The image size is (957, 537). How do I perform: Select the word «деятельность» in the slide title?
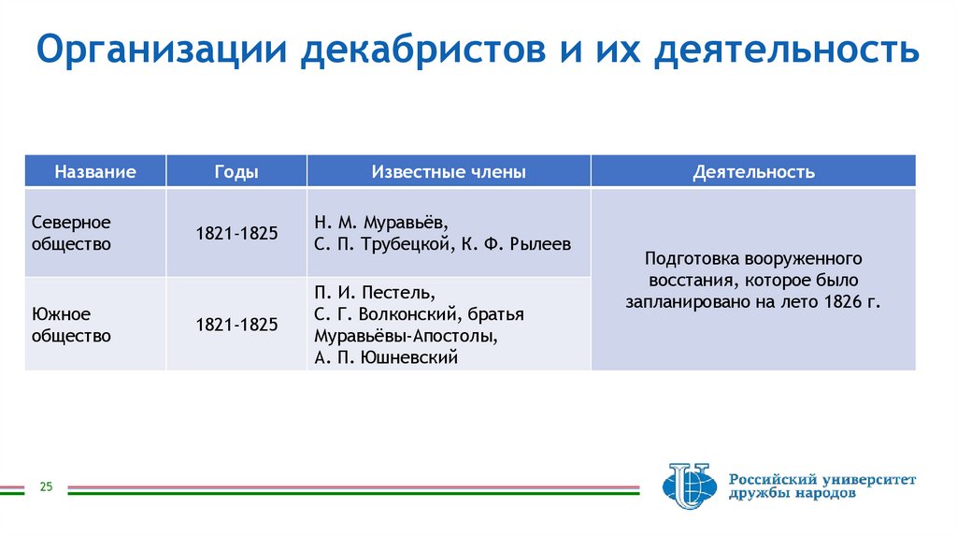pyautogui.click(x=786, y=51)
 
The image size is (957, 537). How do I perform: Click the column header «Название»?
pyautogui.click(x=94, y=172)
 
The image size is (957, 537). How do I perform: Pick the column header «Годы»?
pyautogui.click(x=236, y=172)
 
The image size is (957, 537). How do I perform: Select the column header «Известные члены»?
pyautogui.click(x=449, y=172)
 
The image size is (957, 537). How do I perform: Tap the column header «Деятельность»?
pyautogui.click(x=753, y=172)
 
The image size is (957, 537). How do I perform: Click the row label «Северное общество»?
pyautogui.click(x=71, y=233)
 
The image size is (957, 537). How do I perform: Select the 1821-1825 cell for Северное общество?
pyautogui.click(x=236, y=234)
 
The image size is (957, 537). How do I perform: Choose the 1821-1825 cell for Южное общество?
pyautogui.click(x=236, y=325)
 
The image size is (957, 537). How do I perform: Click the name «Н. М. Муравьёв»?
pyautogui.click(x=380, y=223)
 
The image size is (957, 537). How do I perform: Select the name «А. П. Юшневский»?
pyautogui.click(x=386, y=356)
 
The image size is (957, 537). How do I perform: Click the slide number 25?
pyautogui.click(x=46, y=486)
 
